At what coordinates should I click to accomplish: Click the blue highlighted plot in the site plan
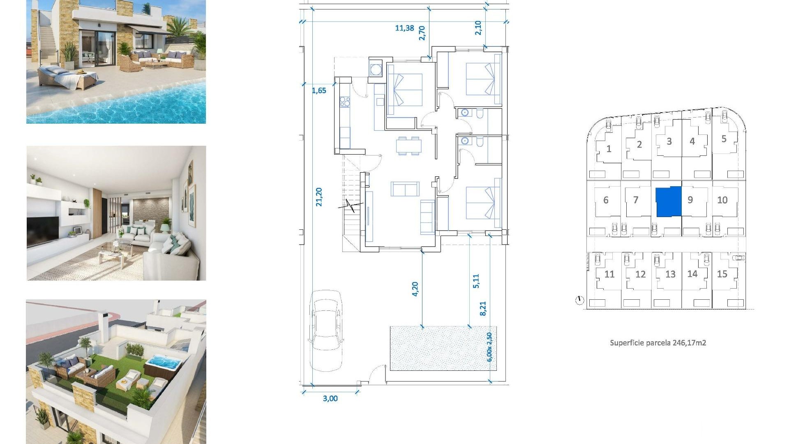[668, 201]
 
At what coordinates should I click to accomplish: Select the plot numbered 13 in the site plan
[670, 274]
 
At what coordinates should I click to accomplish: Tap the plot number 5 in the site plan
[724, 139]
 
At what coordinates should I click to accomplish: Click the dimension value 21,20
[319, 197]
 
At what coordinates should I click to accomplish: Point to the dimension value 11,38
[404, 28]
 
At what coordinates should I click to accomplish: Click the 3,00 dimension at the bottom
[330, 398]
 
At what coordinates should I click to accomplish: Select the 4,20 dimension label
[415, 289]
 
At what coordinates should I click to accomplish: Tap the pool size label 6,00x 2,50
[489, 347]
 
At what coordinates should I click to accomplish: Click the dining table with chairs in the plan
[408, 146]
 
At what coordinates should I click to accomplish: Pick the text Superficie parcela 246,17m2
[657, 342]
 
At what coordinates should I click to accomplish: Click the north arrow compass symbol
[579, 301]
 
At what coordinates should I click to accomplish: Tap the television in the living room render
[43, 231]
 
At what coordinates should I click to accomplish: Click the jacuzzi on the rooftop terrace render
[164, 363]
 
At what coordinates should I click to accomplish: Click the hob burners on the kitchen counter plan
[345, 102]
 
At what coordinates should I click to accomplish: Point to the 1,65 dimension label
[319, 90]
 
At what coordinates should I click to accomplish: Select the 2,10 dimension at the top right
[478, 28]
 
